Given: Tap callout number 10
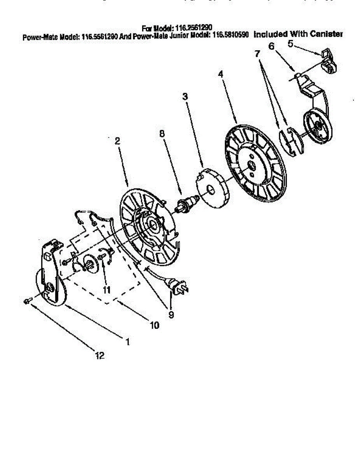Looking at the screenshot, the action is pyautogui.click(x=155, y=325).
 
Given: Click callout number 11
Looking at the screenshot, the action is pyautogui.click(x=106, y=289).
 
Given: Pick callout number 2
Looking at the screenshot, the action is pyautogui.click(x=117, y=142).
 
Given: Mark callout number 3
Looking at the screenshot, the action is pyautogui.click(x=185, y=96).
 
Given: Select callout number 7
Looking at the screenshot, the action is pyautogui.click(x=257, y=54).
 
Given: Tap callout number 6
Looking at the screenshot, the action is pyautogui.click(x=271, y=46).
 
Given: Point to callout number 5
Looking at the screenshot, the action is pyautogui.click(x=290, y=44).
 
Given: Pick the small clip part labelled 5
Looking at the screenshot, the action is pyautogui.click(x=329, y=61).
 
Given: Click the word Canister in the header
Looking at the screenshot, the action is pyautogui.click(x=327, y=34).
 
